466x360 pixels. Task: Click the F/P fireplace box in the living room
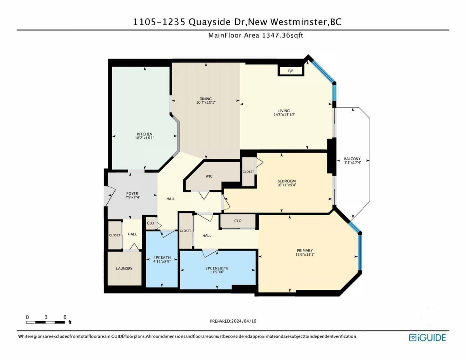290,71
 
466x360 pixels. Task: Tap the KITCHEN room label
144,134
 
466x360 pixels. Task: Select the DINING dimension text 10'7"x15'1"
206,103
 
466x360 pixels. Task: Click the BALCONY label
352,158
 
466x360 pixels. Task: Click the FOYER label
132,193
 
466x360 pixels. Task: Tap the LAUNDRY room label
124,269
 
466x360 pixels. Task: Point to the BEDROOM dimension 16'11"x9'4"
287,185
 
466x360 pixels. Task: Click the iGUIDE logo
427,337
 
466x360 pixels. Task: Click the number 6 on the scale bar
64,317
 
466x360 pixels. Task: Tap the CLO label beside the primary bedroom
238,221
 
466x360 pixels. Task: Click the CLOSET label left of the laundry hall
115,235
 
